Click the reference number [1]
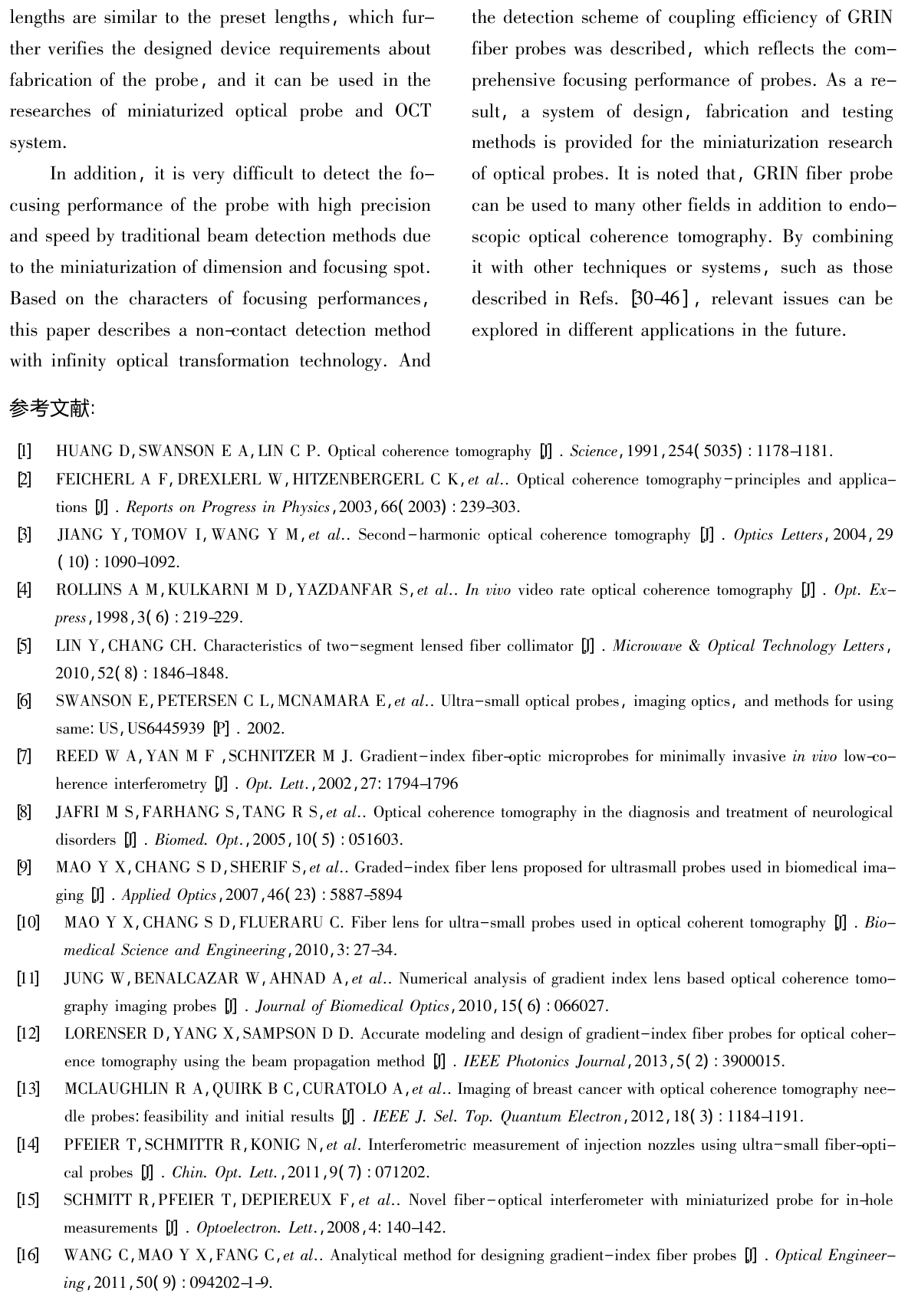25,451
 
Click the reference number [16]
28,1256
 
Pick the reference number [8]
25,812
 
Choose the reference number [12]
28,1034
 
